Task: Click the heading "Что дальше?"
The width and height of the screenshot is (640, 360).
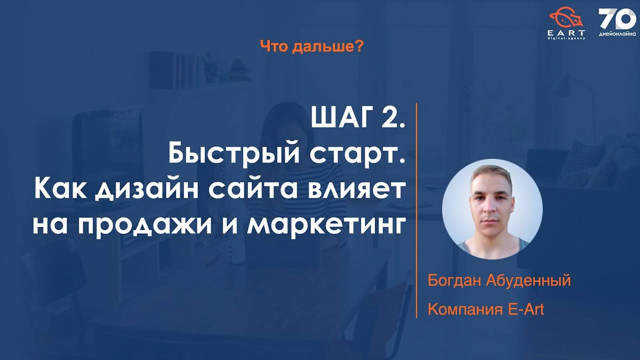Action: (x=312, y=47)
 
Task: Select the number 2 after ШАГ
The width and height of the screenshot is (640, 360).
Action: (x=390, y=118)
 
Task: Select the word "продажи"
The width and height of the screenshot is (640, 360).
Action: (x=144, y=225)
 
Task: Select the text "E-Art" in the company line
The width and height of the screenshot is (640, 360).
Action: (x=526, y=309)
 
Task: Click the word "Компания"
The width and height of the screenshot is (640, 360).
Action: (x=464, y=309)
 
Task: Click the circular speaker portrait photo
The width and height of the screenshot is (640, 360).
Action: (x=492, y=209)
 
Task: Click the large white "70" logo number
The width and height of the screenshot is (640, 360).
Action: (x=617, y=19)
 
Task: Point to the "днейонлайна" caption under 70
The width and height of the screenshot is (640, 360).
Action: (x=617, y=34)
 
